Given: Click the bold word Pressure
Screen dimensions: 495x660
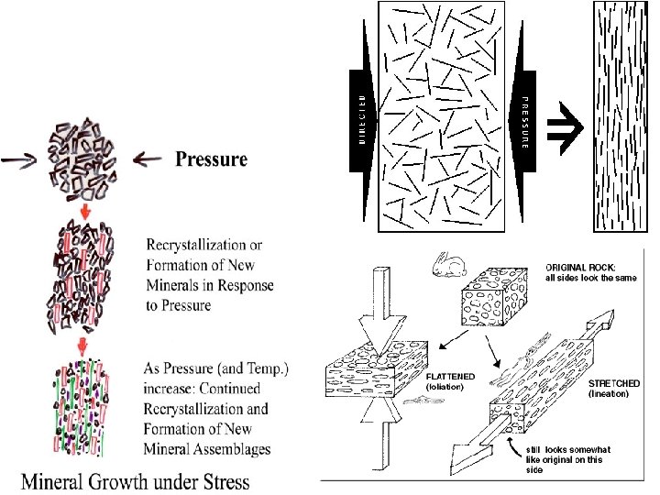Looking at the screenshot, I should tap(211, 159).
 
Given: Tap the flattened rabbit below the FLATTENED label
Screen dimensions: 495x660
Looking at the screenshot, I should tap(443, 400).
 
